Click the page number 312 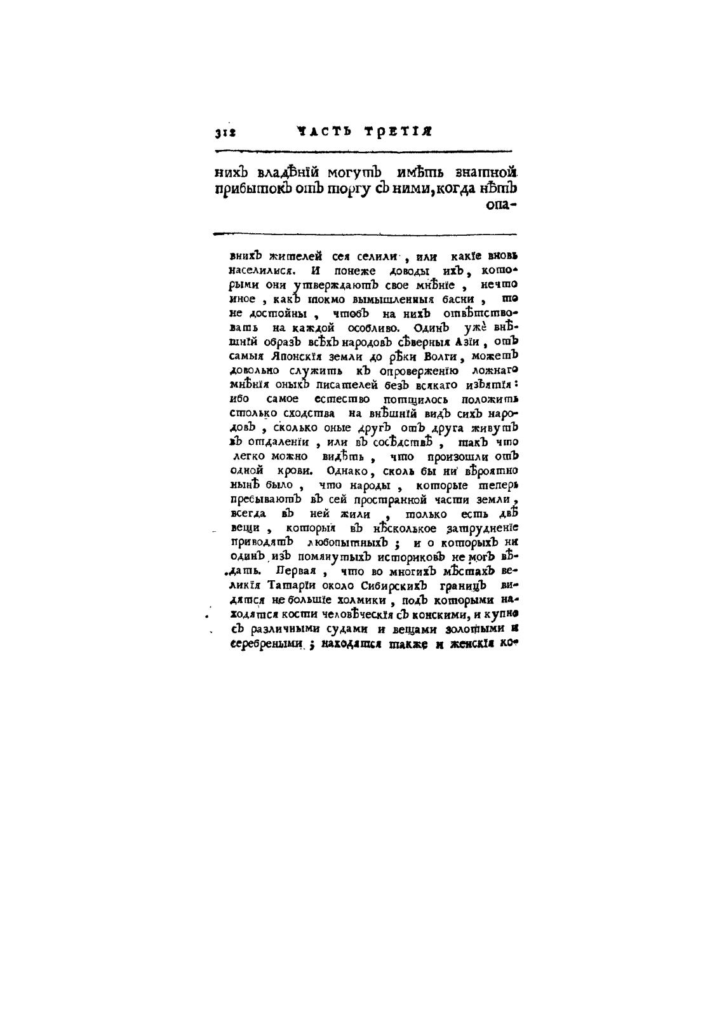tap(225, 133)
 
